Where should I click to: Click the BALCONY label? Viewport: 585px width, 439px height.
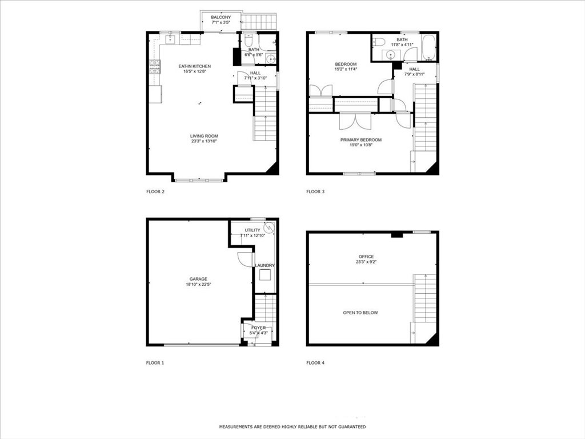221,17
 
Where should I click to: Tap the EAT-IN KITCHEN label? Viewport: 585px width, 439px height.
194,66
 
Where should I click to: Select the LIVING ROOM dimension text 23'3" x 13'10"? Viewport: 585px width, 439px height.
204,141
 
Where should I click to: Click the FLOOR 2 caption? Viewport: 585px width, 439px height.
155,191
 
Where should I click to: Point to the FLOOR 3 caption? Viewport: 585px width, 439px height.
315,191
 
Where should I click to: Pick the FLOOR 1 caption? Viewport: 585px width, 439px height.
155,362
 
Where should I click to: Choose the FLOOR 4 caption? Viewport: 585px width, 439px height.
315,362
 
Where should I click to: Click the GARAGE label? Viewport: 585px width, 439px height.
198,279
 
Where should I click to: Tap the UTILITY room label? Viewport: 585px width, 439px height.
253,230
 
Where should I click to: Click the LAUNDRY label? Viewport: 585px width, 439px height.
265,265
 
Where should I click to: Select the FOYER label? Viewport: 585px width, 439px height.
258,328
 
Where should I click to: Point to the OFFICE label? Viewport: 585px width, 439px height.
366,257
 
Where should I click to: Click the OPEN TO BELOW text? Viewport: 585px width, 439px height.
360,313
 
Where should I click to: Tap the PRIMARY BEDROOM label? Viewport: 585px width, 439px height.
361,139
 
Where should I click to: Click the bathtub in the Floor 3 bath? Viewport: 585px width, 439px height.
428,47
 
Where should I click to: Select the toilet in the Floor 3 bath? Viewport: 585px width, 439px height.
378,41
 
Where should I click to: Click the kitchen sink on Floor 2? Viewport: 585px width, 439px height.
170,39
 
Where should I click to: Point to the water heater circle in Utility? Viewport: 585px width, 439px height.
269,228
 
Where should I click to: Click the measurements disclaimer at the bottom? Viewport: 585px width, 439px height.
292,426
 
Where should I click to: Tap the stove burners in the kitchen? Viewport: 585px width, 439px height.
155,67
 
